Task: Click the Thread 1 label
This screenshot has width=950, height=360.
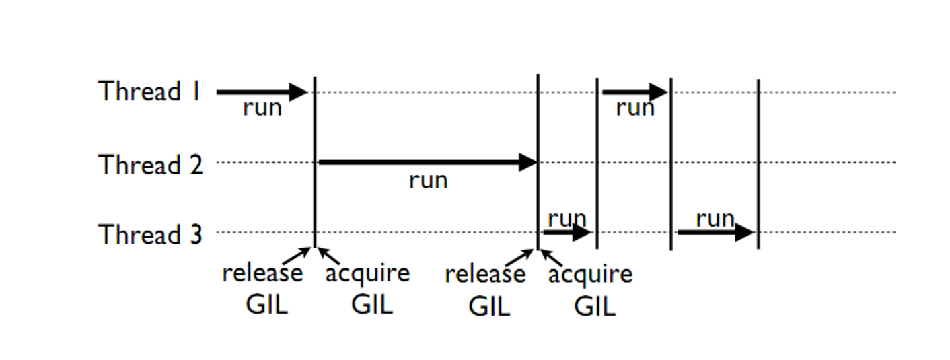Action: coord(149,92)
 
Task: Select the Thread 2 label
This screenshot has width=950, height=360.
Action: coord(151,164)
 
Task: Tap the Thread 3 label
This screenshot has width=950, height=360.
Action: coord(151,235)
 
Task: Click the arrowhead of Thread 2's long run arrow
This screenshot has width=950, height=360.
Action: coord(528,162)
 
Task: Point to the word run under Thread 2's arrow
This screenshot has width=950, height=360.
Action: coord(428,180)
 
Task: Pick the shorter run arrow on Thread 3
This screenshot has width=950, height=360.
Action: coord(567,233)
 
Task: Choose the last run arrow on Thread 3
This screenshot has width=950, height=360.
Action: coord(715,233)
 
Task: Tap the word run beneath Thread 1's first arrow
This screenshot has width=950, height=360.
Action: coord(262,108)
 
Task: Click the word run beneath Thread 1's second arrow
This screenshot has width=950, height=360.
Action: coord(635,108)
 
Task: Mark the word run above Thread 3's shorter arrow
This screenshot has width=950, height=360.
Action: coord(567,219)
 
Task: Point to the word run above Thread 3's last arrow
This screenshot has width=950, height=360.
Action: coord(715,219)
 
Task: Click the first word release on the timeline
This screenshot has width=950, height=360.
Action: coord(262,274)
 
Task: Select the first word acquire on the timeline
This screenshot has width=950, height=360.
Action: coord(367,274)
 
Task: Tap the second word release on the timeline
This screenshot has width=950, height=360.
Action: coord(485,275)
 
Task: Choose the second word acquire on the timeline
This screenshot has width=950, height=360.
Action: coord(590,275)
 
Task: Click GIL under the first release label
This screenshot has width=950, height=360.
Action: coord(266,305)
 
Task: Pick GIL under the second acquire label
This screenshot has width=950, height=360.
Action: coord(595,306)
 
